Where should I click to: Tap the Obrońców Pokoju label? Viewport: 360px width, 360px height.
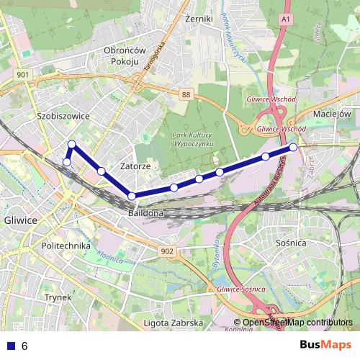(x=125, y=55)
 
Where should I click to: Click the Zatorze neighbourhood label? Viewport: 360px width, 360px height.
(x=135, y=166)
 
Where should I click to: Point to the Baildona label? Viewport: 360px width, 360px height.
(x=147, y=214)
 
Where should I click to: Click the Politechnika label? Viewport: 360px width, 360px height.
(x=66, y=246)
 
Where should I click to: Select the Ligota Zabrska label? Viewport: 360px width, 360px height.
(x=173, y=323)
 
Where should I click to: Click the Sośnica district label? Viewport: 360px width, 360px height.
(x=292, y=243)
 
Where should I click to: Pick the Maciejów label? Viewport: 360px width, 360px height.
(x=332, y=114)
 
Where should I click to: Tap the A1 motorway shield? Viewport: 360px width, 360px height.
(x=287, y=17)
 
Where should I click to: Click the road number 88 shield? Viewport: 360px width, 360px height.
(x=187, y=94)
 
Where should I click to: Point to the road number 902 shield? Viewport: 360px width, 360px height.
(x=167, y=251)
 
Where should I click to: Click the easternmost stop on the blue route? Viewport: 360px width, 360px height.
(x=293, y=148)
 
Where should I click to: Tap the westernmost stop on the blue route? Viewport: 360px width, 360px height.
(x=66, y=162)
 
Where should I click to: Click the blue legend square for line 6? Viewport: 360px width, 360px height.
(x=9, y=346)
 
